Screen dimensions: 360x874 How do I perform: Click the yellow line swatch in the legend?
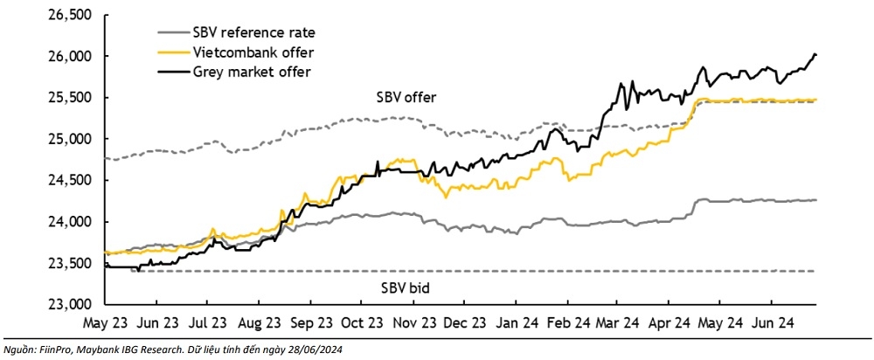tap(165, 52)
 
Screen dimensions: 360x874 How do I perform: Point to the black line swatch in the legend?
tap(165, 71)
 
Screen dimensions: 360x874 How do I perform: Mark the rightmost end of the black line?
tap(816, 55)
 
